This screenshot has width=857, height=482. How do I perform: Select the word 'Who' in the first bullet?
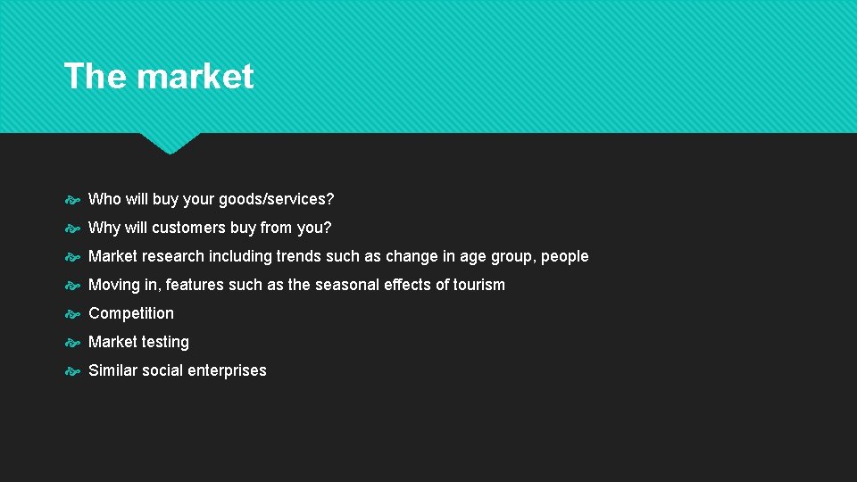tap(104, 199)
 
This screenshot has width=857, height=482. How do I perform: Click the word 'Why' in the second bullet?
tap(104, 228)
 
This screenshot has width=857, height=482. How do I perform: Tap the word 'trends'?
tap(297, 256)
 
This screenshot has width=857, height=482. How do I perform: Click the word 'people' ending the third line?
tap(565, 256)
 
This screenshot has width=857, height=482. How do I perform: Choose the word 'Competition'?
tap(131, 313)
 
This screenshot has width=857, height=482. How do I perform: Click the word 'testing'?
tap(166, 342)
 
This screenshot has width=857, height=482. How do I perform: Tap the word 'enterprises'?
tap(227, 370)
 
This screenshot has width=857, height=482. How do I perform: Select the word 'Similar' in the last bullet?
tap(112, 370)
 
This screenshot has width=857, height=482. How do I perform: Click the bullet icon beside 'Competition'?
tap(73, 313)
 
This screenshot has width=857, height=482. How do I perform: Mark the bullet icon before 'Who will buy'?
tap(73, 199)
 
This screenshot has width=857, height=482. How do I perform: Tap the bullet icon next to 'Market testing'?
tap(73, 342)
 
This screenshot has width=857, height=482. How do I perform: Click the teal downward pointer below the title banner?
tap(170, 143)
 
